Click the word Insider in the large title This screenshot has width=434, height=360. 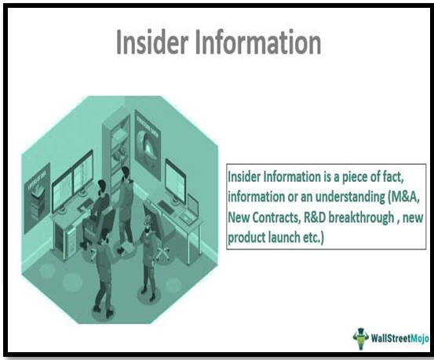(152, 42)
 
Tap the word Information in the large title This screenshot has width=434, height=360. (258, 42)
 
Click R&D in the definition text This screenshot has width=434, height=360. (315, 218)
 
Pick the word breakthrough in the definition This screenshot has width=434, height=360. (362, 218)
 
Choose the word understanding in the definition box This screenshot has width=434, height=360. (350, 198)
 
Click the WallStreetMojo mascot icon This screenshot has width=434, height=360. (361, 338)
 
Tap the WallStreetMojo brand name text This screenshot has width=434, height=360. (400, 338)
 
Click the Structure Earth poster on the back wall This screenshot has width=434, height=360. (148, 144)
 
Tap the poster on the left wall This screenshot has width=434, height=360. (37, 198)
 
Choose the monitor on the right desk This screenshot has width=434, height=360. (176, 182)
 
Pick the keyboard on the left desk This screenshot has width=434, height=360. (86, 205)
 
